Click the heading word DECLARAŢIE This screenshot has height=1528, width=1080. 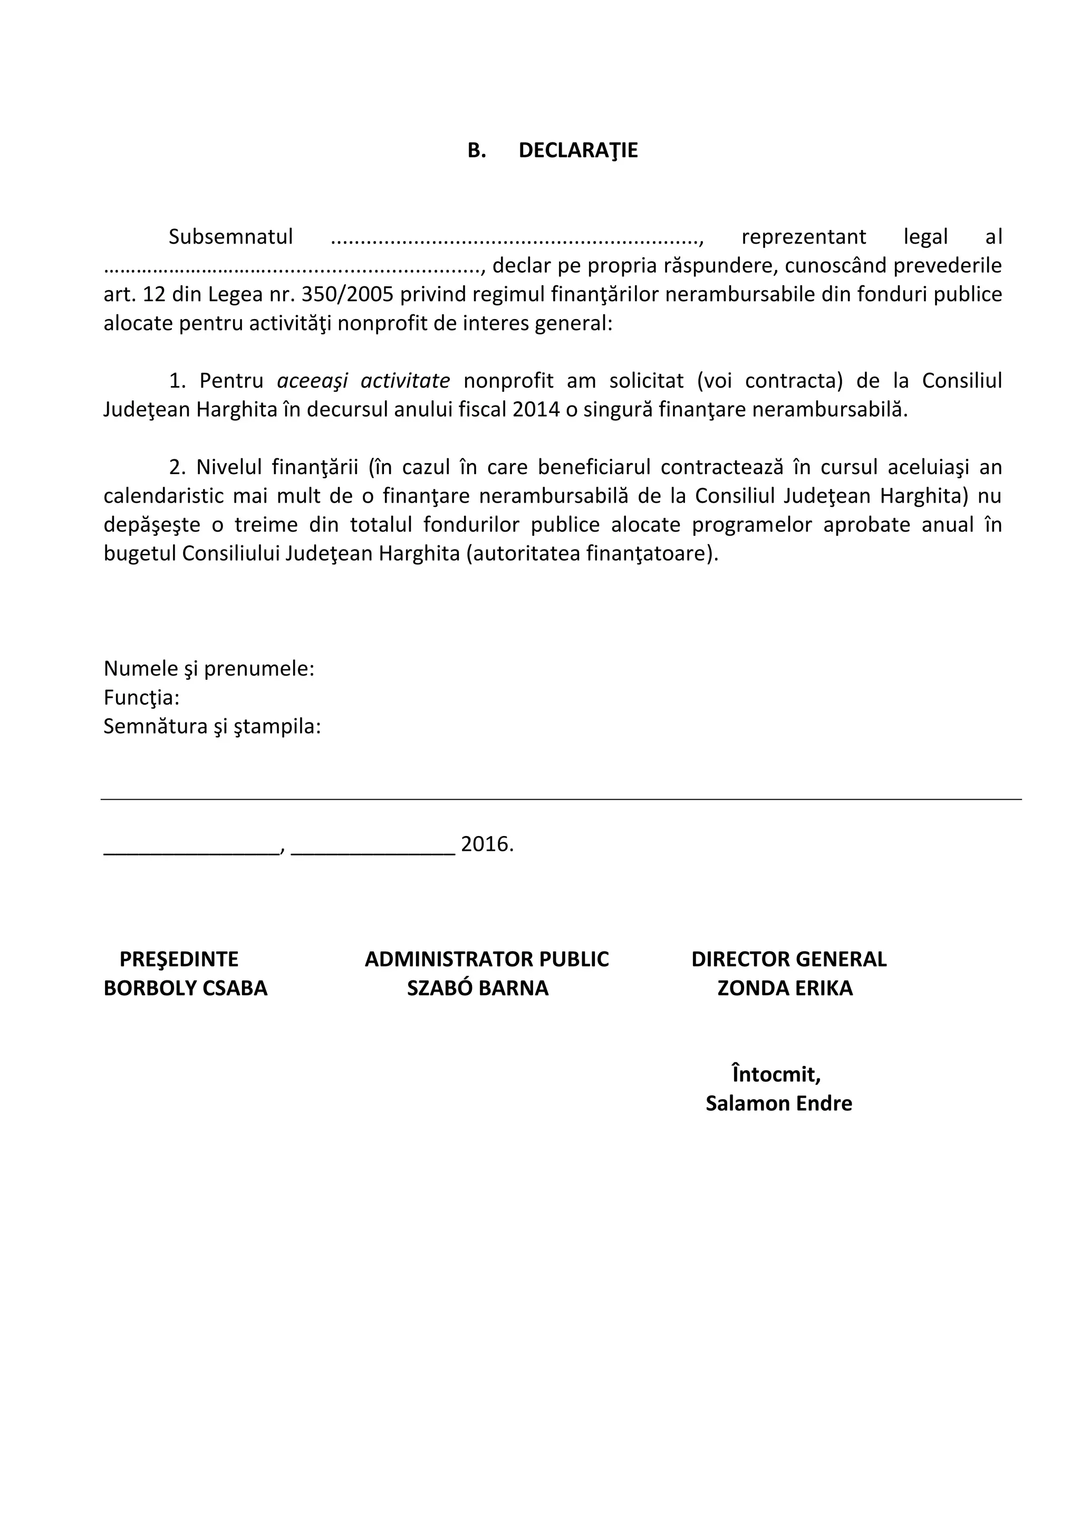(577, 150)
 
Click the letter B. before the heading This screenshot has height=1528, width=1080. (476, 150)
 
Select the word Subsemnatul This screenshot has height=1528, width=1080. (230, 237)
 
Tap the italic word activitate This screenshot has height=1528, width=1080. (404, 381)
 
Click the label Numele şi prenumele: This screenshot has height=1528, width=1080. (209, 668)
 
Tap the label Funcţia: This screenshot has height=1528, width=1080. (142, 697)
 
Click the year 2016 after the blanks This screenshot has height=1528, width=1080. (486, 844)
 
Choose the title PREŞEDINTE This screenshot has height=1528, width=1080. (178, 959)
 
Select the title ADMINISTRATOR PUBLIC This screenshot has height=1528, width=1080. (486, 959)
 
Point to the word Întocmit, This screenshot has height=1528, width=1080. (776, 1074)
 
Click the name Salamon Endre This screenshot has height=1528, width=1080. (778, 1103)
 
